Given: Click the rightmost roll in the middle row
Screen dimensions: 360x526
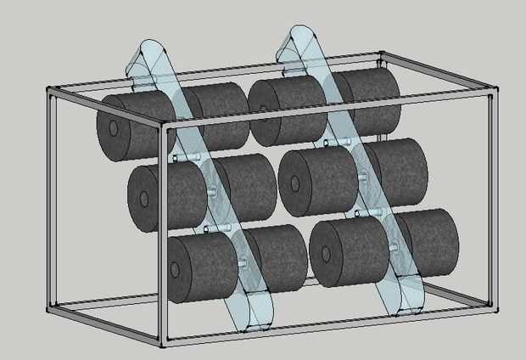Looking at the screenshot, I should [398, 169].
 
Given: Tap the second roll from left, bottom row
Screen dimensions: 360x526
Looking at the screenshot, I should [277, 254].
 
